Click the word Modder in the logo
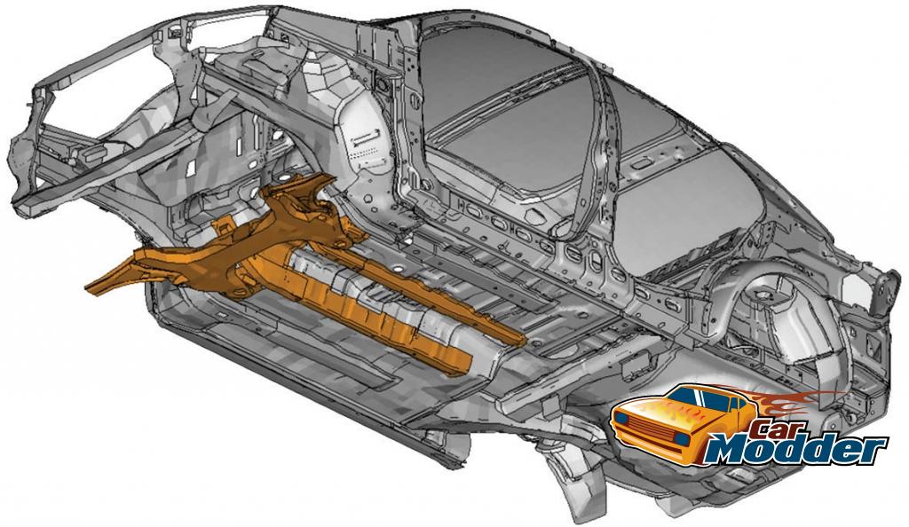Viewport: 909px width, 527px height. (794, 447)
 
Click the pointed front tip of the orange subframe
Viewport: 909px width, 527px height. (88, 287)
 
